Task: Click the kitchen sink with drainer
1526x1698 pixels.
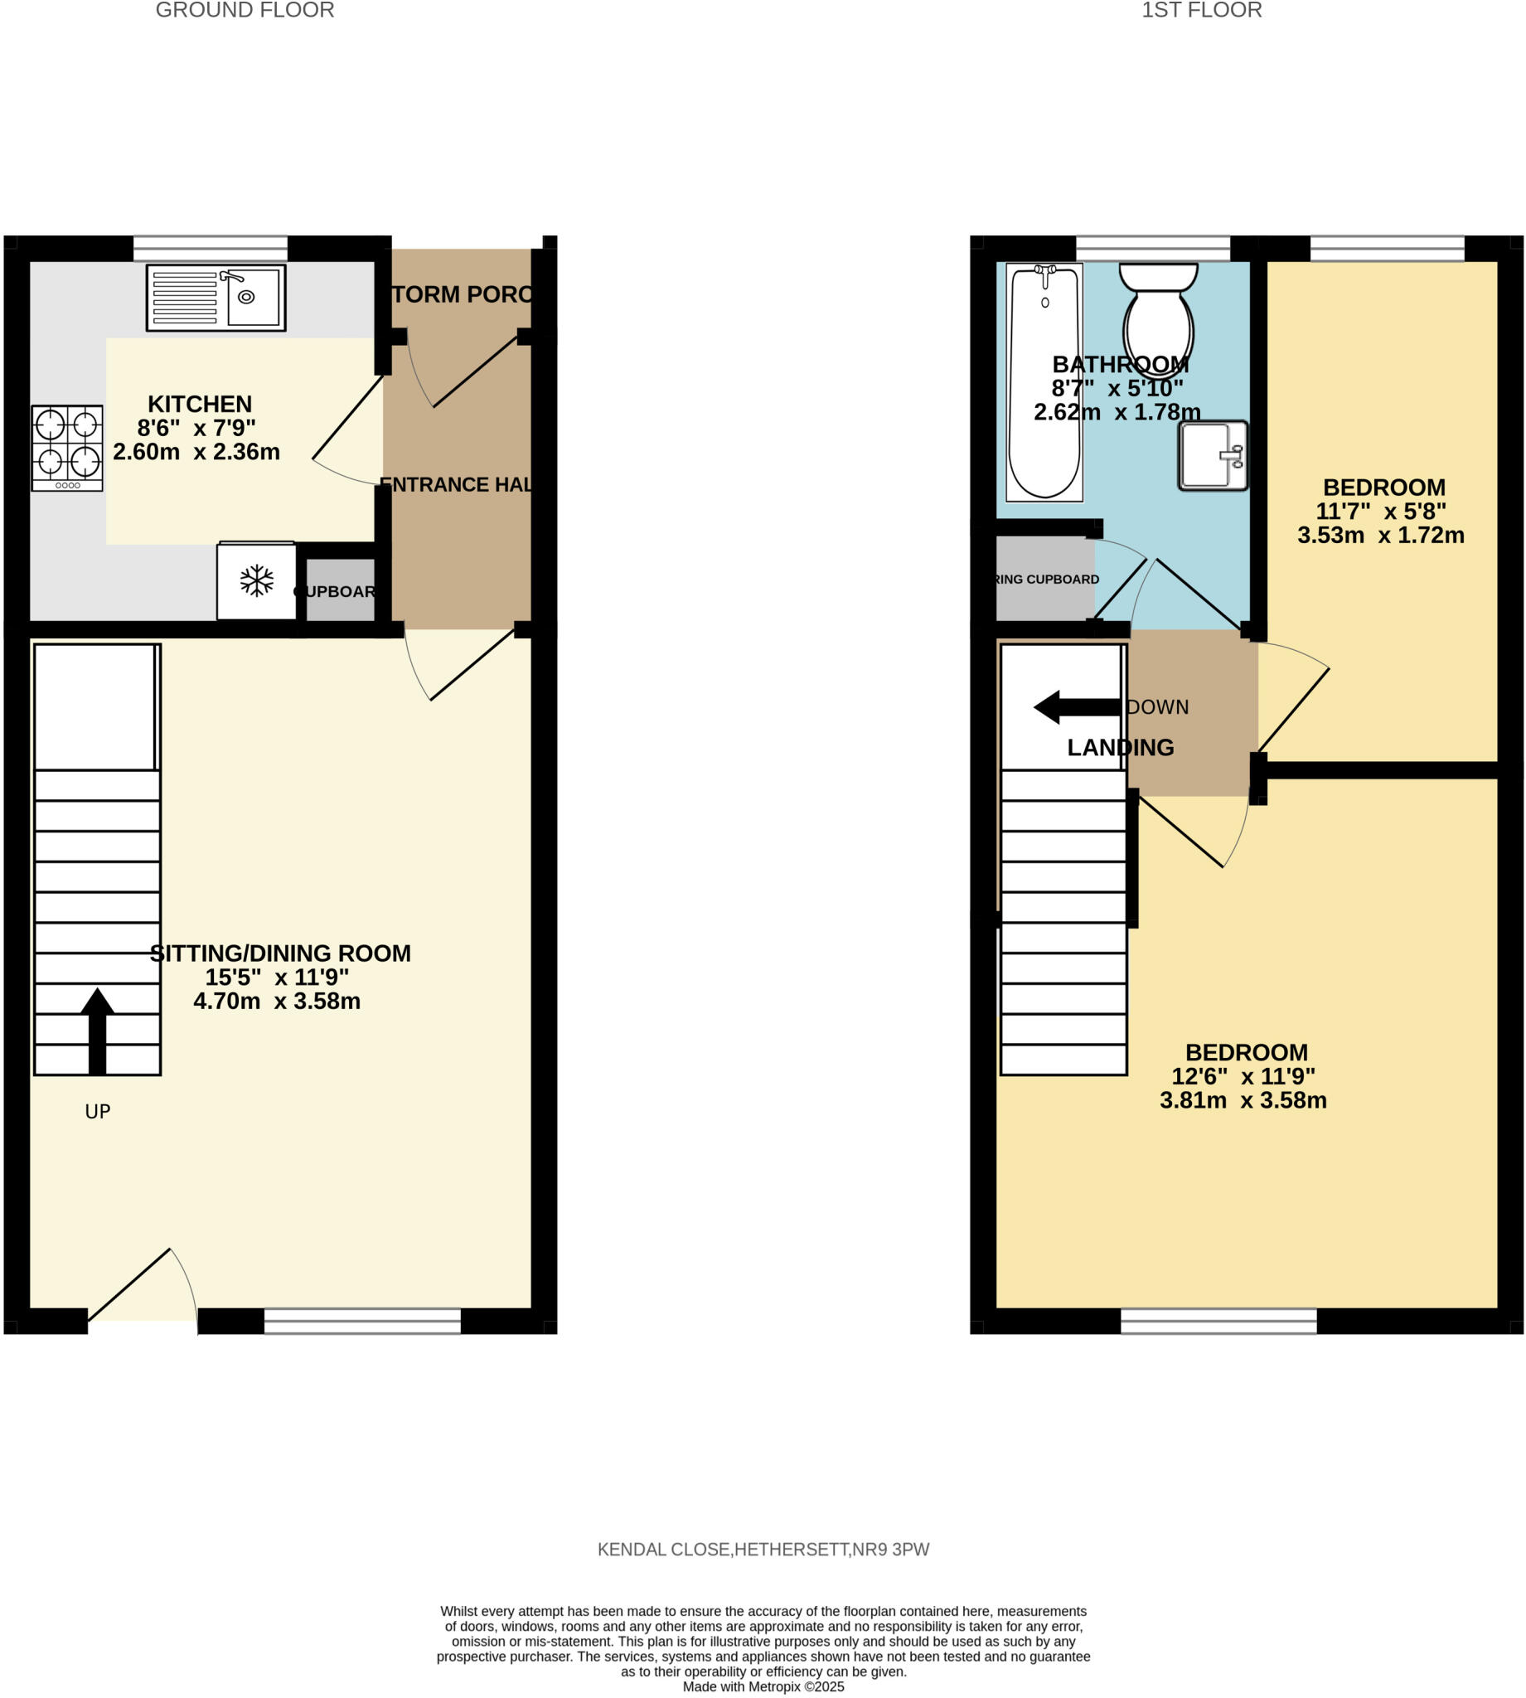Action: coord(216,298)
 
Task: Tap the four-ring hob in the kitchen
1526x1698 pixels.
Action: coord(67,448)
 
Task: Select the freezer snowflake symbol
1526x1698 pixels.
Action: coord(257,581)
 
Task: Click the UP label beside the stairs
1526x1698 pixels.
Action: coord(97,1112)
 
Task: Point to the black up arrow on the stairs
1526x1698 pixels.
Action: coord(97,1031)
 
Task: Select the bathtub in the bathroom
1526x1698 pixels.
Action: coord(1044,382)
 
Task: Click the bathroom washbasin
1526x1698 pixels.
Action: coord(1213,455)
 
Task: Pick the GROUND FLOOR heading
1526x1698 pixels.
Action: coord(245,10)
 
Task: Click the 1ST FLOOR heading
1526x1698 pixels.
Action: coord(1202,10)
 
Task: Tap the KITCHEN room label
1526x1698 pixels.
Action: coord(200,404)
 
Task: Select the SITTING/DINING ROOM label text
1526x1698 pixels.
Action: coord(280,953)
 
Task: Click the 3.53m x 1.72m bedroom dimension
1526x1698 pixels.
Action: coord(1380,535)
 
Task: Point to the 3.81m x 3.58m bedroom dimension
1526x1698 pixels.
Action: coord(1243,1100)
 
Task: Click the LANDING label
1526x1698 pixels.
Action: coord(1120,747)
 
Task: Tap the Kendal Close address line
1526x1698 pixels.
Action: coord(763,1550)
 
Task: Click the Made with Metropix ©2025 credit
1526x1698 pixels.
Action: coord(763,1686)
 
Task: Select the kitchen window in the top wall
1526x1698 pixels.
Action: coord(211,248)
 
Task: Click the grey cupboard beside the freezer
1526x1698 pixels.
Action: coord(341,590)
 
